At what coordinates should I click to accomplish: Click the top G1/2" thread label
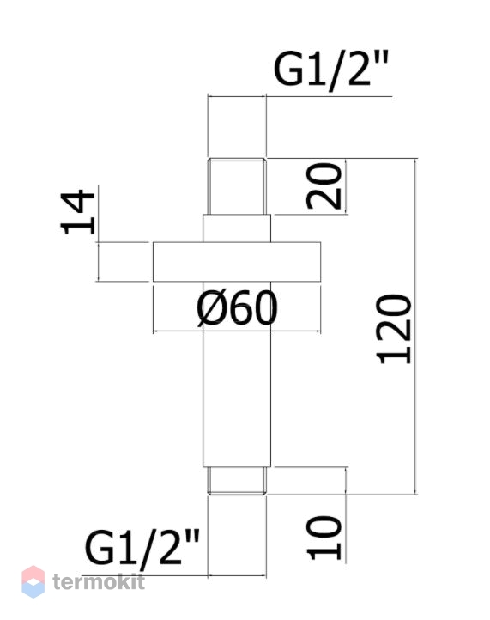point(331,70)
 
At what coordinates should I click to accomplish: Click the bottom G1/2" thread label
point(142,548)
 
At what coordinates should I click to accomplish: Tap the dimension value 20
point(324,185)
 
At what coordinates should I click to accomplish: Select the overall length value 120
point(394,329)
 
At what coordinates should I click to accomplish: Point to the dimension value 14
point(77,212)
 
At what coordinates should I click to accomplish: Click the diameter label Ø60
point(237,308)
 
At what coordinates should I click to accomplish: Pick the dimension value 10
point(324,538)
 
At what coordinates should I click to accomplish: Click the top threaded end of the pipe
point(237,186)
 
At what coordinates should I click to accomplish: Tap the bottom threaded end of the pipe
point(237,481)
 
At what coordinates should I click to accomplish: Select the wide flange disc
point(237,262)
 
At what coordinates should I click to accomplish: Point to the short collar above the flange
point(237,228)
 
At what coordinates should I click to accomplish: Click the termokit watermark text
point(99,581)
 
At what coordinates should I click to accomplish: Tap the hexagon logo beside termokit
point(33,581)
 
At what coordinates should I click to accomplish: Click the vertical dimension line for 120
point(415,326)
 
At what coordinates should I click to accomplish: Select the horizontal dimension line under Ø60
point(237,331)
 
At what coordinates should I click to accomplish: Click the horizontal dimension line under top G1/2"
point(237,95)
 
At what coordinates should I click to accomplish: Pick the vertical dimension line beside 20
point(346,186)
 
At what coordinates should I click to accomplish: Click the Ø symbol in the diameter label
point(209,308)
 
